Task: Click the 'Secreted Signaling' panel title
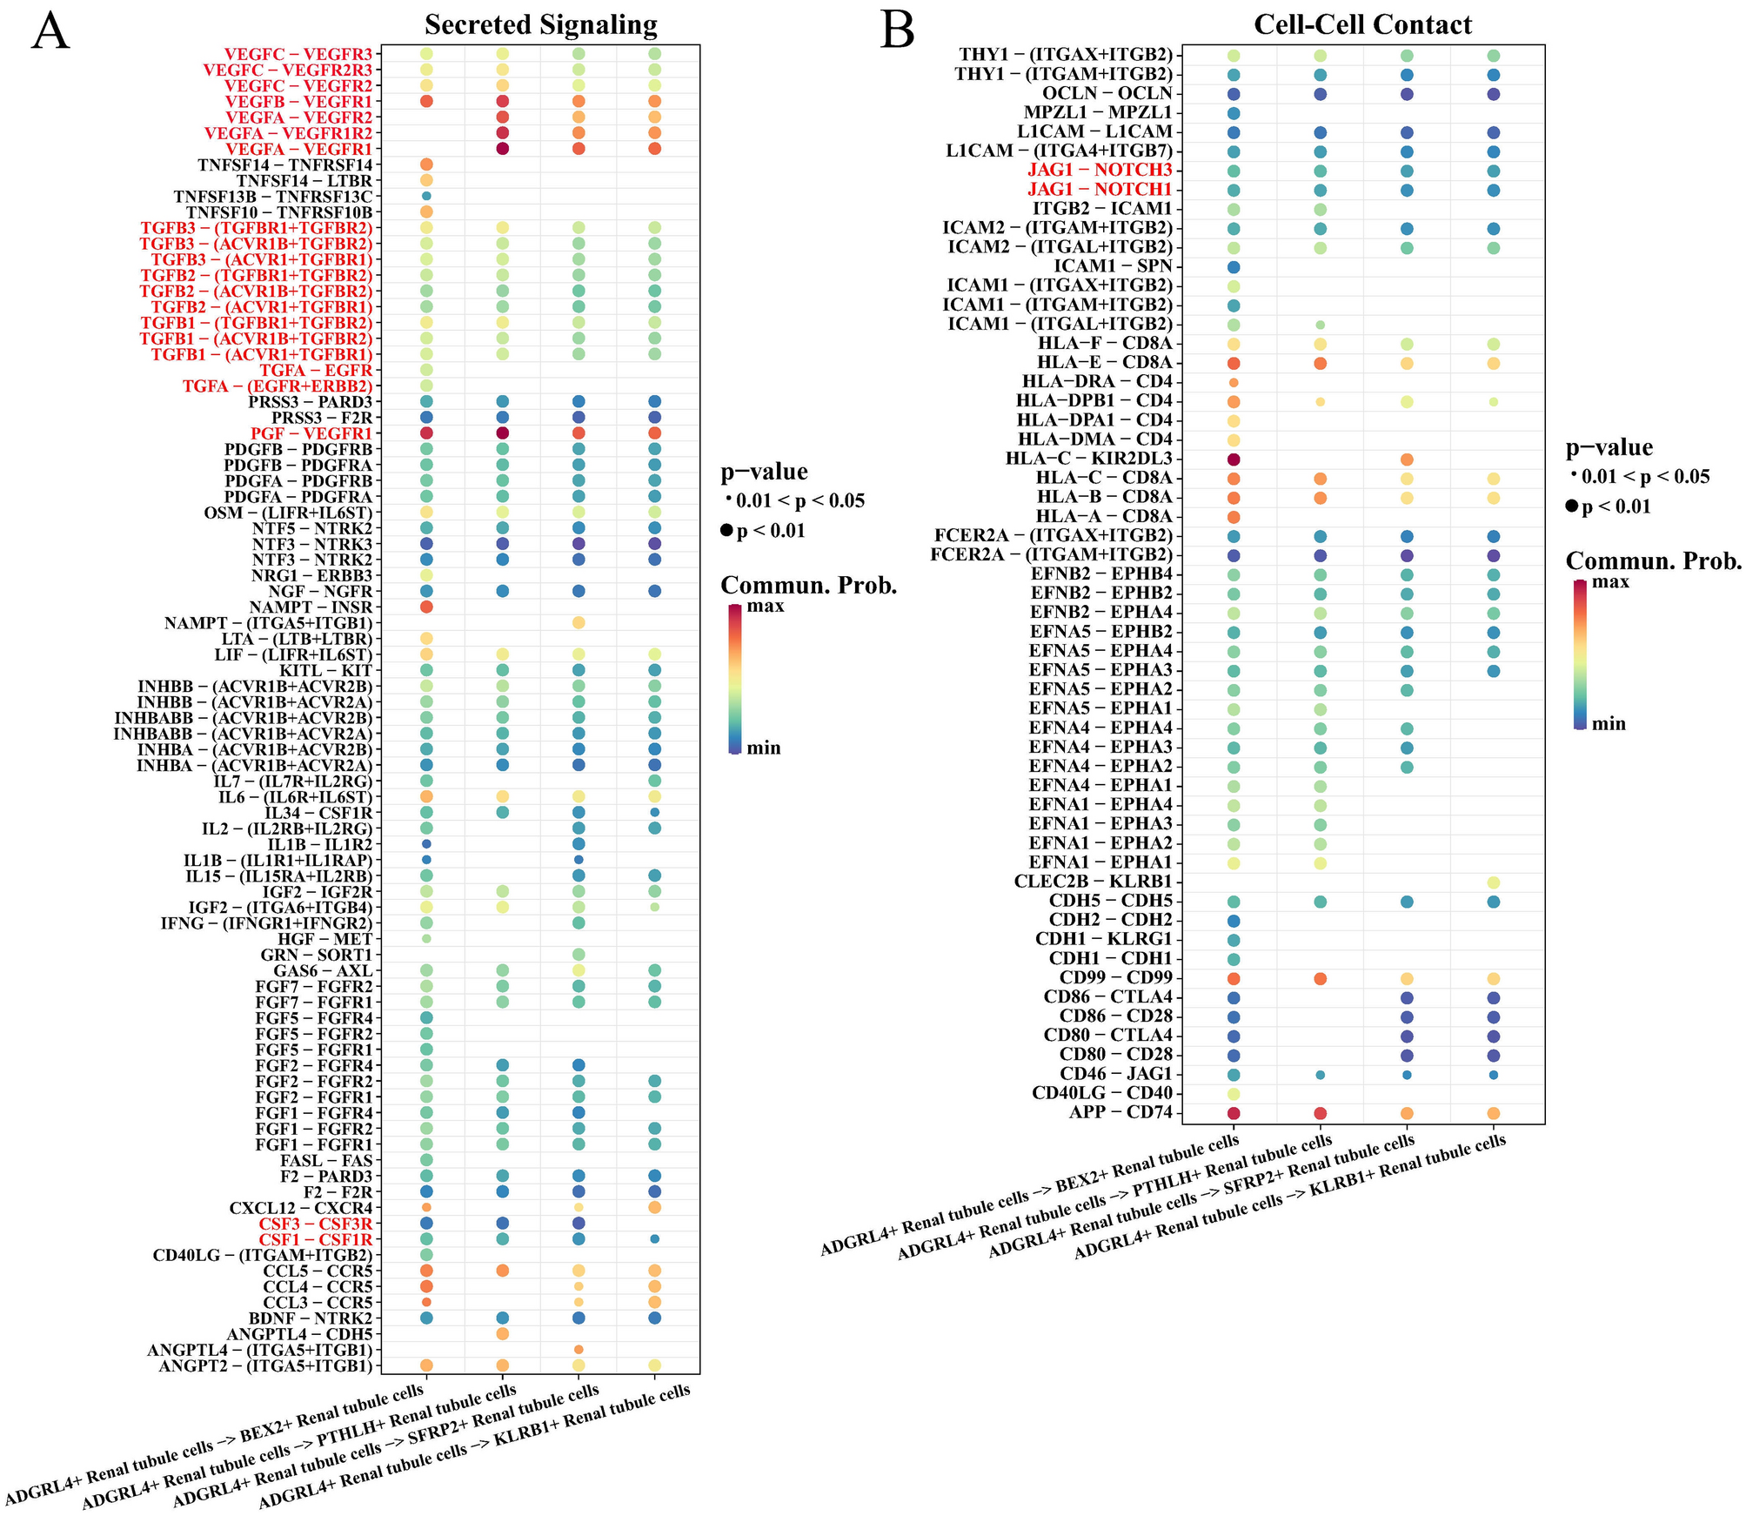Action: pos(540,24)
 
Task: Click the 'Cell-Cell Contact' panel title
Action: pos(1362,24)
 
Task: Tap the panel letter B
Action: pos(897,31)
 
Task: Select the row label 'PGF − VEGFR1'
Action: pos(311,433)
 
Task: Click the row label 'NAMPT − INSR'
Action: pos(311,607)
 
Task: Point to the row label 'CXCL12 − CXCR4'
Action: pos(300,1208)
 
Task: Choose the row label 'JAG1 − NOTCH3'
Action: pos(1100,170)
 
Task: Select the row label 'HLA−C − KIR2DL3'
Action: pos(1088,459)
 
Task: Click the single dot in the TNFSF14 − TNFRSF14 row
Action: pos(426,164)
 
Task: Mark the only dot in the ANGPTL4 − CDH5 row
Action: pos(502,1334)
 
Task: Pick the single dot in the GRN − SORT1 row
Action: pos(579,955)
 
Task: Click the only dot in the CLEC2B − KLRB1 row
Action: pos(1493,882)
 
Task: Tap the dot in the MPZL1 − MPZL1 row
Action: pos(1234,113)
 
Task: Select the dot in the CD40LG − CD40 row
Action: pos(1234,1094)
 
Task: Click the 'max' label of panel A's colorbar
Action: pos(766,606)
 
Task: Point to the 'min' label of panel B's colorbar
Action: pos(1609,724)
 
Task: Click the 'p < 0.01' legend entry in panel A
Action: pos(770,531)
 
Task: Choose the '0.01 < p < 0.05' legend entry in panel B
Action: pos(1644,477)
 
